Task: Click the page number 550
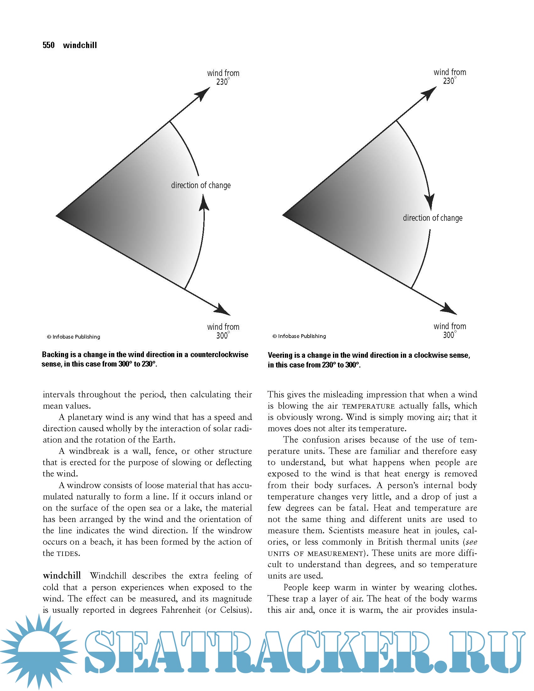click(48, 45)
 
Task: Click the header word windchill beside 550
click(80, 45)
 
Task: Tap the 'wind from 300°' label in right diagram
click(450, 330)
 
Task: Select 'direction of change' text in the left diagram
click(201, 185)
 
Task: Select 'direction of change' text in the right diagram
click(433, 218)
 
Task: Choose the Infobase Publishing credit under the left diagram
click(74, 337)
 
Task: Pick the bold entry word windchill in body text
click(62, 575)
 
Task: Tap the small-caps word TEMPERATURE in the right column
click(368, 406)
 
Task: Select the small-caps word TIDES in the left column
click(68, 554)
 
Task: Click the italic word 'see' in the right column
click(471, 542)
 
